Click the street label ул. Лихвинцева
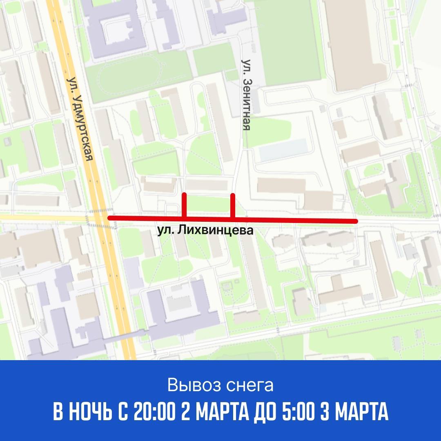(205, 230)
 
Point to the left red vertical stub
(184, 205)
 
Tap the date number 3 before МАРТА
(324, 413)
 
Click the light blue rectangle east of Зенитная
(283, 149)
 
